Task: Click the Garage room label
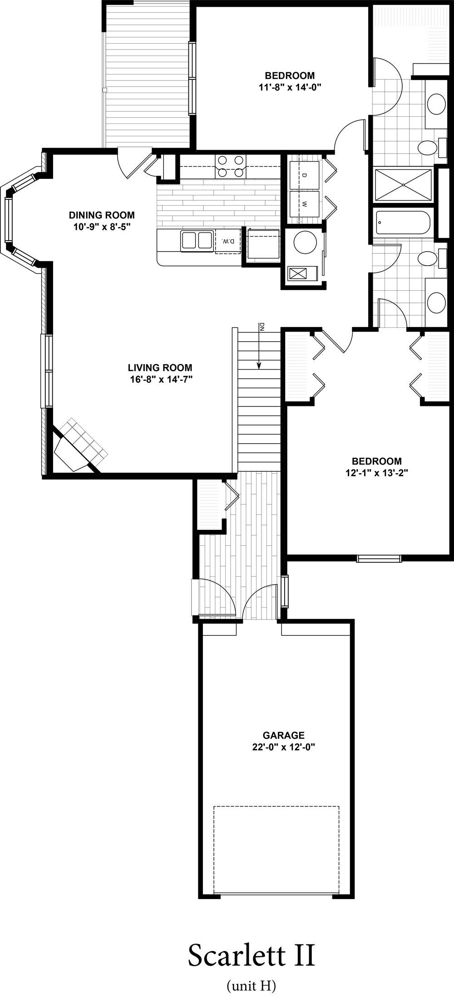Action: click(x=284, y=735)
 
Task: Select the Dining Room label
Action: click(x=102, y=215)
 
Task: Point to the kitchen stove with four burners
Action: click(x=230, y=167)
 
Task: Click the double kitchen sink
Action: click(x=197, y=241)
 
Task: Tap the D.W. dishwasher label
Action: click(x=228, y=242)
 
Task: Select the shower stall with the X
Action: click(x=403, y=185)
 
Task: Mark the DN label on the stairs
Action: click(x=262, y=326)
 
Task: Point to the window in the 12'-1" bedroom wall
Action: click(x=379, y=559)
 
